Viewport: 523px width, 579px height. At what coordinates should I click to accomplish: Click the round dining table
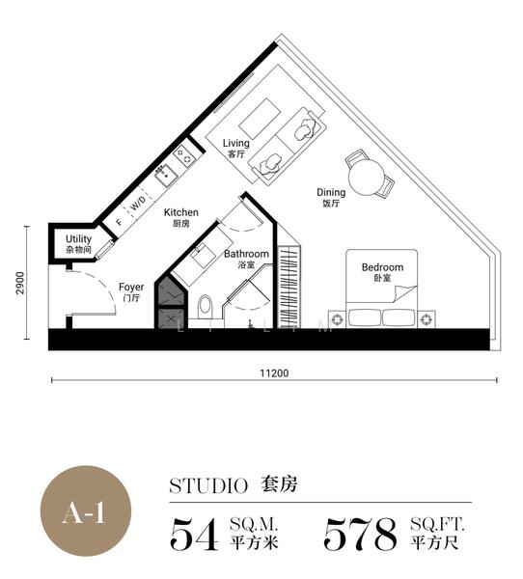367,178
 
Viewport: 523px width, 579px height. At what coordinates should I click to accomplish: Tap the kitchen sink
166,176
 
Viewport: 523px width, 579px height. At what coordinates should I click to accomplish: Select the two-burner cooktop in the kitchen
183,155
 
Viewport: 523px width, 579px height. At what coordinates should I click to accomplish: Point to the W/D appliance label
137,203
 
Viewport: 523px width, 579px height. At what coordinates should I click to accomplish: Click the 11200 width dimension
274,373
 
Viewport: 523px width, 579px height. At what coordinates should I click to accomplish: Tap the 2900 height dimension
20,283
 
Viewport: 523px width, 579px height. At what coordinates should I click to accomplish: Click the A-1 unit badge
86,511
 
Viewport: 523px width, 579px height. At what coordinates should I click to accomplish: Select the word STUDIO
208,486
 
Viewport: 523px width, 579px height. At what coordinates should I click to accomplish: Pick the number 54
194,534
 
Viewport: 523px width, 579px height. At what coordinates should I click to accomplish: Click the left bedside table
337,318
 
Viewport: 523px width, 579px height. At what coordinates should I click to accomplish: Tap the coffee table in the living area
260,116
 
